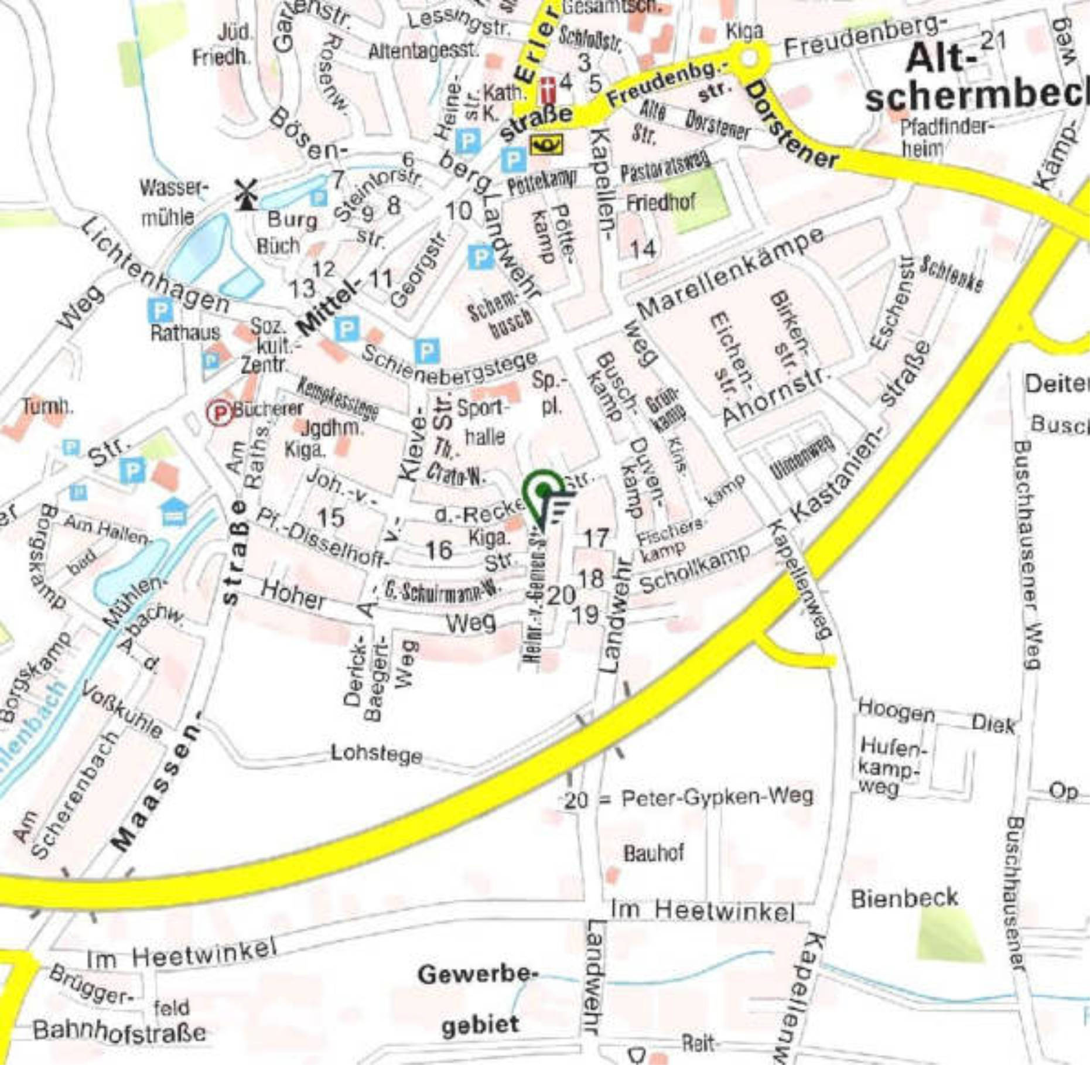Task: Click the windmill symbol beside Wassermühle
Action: (x=246, y=194)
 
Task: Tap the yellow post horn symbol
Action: (x=546, y=144)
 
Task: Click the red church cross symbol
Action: (x=548, y=89)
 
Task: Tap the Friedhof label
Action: (x=661, y=203)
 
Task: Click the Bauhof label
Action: (x=653, y=853)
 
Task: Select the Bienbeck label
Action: (x=904, y=897)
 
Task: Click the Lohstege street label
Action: (x=376, y=753)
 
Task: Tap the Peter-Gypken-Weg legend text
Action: (x=717, y=797)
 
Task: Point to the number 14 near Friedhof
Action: (x=643, y=250)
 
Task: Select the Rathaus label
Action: (x=185, y=333)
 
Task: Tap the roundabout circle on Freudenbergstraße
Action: (x=749, y=57)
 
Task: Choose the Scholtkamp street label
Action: (x=695, y=567)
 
